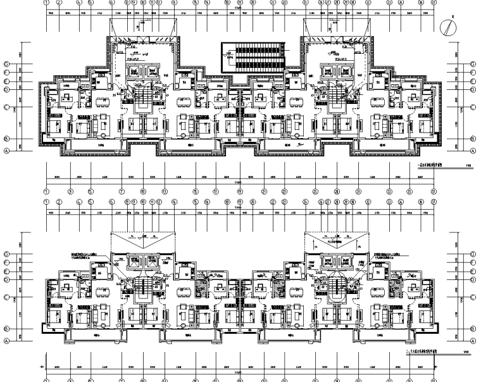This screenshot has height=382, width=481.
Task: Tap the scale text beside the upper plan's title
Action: pyautogui.click(x=468, y=167)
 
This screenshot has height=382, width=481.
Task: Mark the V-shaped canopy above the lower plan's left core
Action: pyautogui.click(x=144, y=240)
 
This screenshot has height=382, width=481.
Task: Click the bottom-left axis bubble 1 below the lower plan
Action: pyautogui.click(x=46, y=379)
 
